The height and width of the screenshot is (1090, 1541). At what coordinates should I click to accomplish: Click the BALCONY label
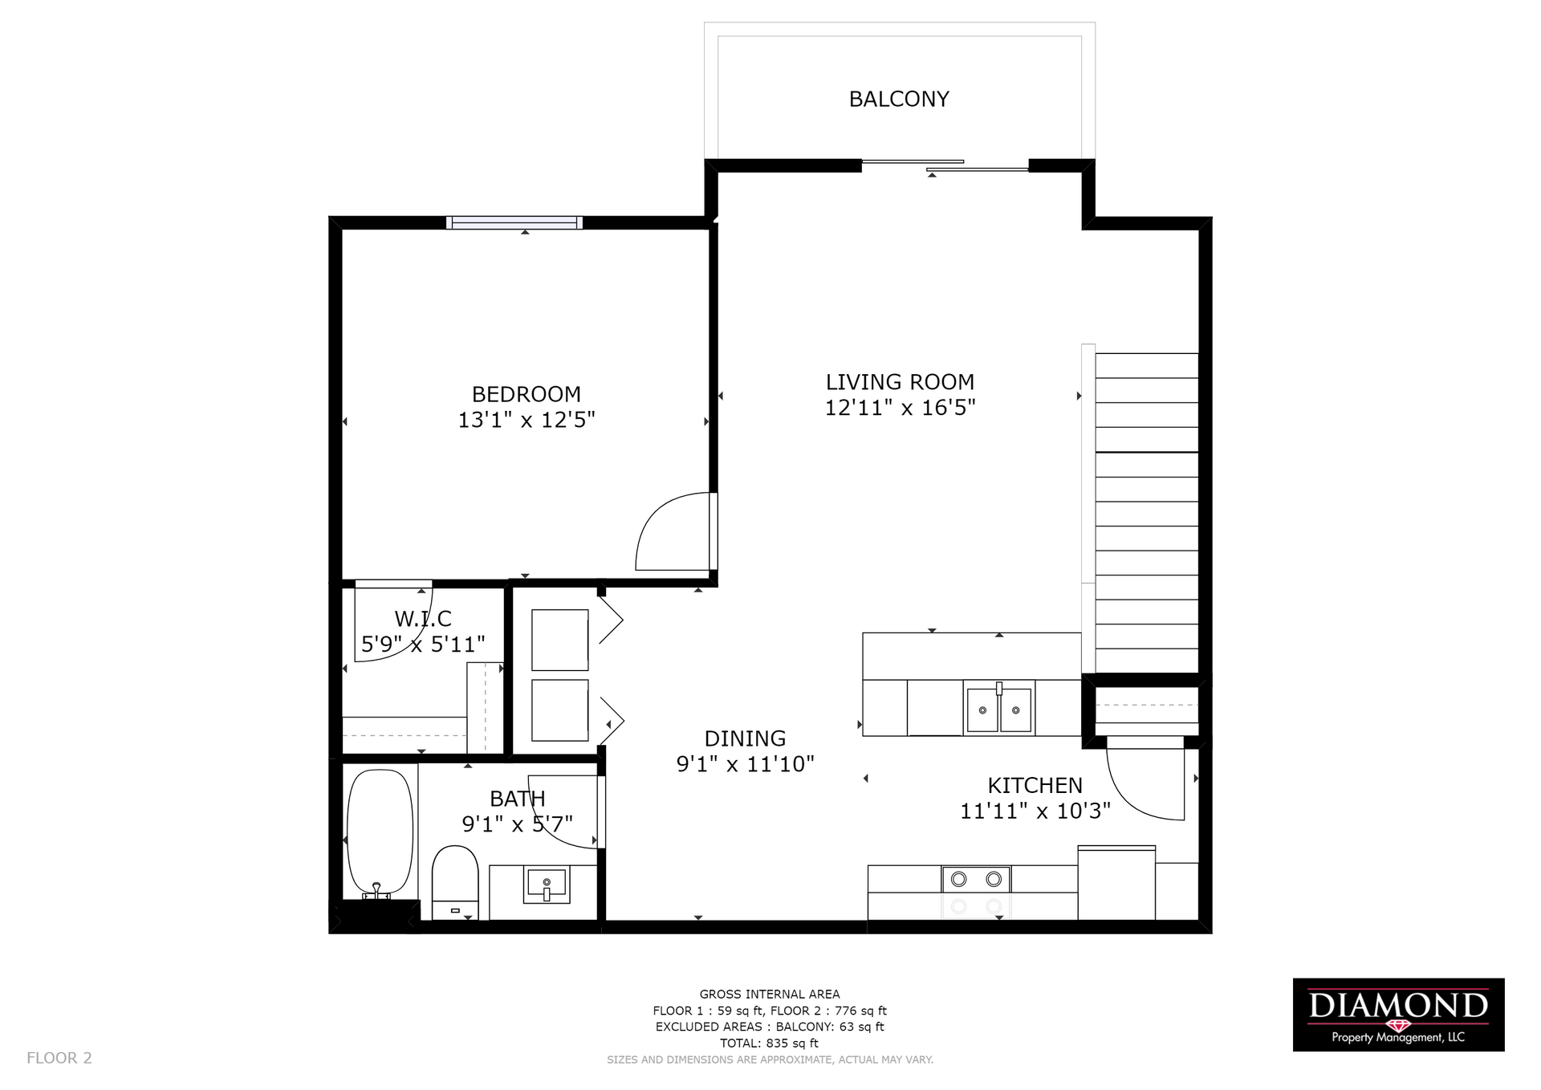[899, 99]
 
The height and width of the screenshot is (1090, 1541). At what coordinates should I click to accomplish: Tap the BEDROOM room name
[527, 394]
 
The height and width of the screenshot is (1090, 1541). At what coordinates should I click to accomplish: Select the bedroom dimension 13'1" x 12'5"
[527, 420]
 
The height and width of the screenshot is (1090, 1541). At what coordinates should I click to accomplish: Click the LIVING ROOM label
[900, 382]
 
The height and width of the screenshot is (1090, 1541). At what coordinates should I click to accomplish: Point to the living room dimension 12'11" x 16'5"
[900, 408]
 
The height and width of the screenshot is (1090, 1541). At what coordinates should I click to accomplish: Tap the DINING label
[745, 738]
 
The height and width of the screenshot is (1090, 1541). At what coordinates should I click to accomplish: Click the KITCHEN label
[1035, 785]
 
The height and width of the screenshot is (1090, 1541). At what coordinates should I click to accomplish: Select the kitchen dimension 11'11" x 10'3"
[1035, 811]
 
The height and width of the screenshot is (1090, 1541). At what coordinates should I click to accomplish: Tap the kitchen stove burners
[976, 879]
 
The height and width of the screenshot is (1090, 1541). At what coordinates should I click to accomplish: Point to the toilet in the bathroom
[455, 882]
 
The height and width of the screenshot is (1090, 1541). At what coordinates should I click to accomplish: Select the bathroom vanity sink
[546, 885]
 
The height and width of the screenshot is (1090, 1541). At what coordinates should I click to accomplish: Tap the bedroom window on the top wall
[514, 223]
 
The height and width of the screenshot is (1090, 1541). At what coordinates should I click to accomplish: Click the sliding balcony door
[945, 165]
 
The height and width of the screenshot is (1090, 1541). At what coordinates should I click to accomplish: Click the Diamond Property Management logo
[1398, 1015]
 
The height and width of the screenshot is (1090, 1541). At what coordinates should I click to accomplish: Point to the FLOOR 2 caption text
[59, 1058]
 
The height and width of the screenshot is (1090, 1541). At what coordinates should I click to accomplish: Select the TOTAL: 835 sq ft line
[769, 1043]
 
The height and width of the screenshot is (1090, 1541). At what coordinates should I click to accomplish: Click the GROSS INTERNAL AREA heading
[770, 994]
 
